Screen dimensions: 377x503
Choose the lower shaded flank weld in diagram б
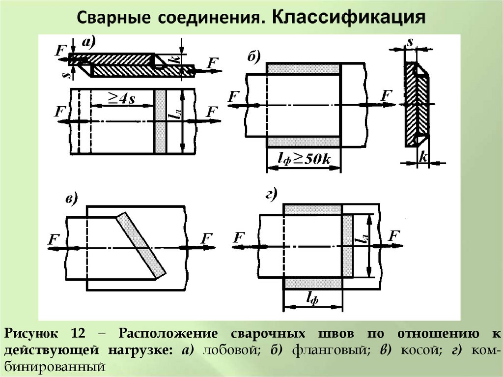pyautogui.click(x=303, y=142)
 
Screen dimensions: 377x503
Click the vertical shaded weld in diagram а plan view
pyautogui.click(x=161, y=121)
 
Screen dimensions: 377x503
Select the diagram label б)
pyautogui.click(x=253, y=57)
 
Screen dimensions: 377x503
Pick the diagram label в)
pyautogui.click(x=71, y=199)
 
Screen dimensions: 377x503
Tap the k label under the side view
pyautogui.click(x=422, y=156)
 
